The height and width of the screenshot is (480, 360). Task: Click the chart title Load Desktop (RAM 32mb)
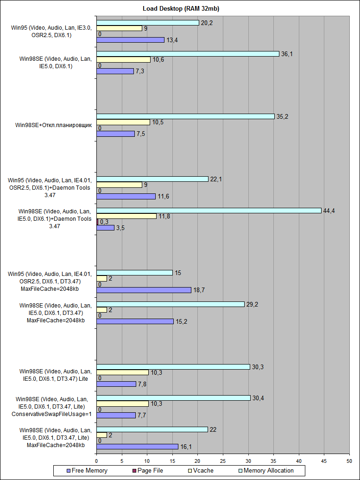(x=180, y=9)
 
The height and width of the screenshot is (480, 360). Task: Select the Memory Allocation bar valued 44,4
(x=208, y=211)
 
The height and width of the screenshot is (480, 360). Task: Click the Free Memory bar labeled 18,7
(x=144, y=290)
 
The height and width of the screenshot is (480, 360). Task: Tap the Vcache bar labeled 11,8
(x=126, y=216)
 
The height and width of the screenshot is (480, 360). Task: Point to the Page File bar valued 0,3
(x=97, y=222)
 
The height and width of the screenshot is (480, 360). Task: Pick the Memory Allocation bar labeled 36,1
(x=188, y=54)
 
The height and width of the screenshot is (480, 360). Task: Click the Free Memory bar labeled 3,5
(x=105, y=228)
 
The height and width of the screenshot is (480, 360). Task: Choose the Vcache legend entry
(x=199, y=470)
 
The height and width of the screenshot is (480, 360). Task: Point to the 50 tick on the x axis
(x=349, y=461)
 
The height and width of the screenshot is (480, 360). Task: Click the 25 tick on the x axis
(x=223, y=461)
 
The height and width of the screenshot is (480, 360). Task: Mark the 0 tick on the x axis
(x=96, y=461)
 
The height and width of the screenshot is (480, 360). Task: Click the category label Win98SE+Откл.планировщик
(x=53, y=125)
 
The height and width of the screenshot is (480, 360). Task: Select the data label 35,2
(x=283, y=116)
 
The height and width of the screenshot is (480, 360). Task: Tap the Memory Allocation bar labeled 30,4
(x=173, y=398)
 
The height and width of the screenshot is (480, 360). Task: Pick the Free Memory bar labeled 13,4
(x=130, y=40)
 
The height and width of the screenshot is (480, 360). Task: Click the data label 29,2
(x=253, y=304)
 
